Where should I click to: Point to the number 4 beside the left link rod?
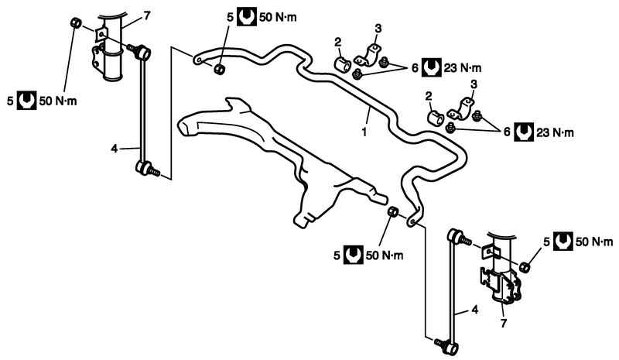click(x=115, y=147)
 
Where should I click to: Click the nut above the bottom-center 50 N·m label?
click(x=392, y=212)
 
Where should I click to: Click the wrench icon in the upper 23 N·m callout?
click(x=432, y=68)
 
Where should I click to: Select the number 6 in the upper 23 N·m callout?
click(x=415, y=68)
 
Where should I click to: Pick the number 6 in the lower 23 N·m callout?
click(x=508, y=132)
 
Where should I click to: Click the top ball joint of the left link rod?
click(x=145, y=53)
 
